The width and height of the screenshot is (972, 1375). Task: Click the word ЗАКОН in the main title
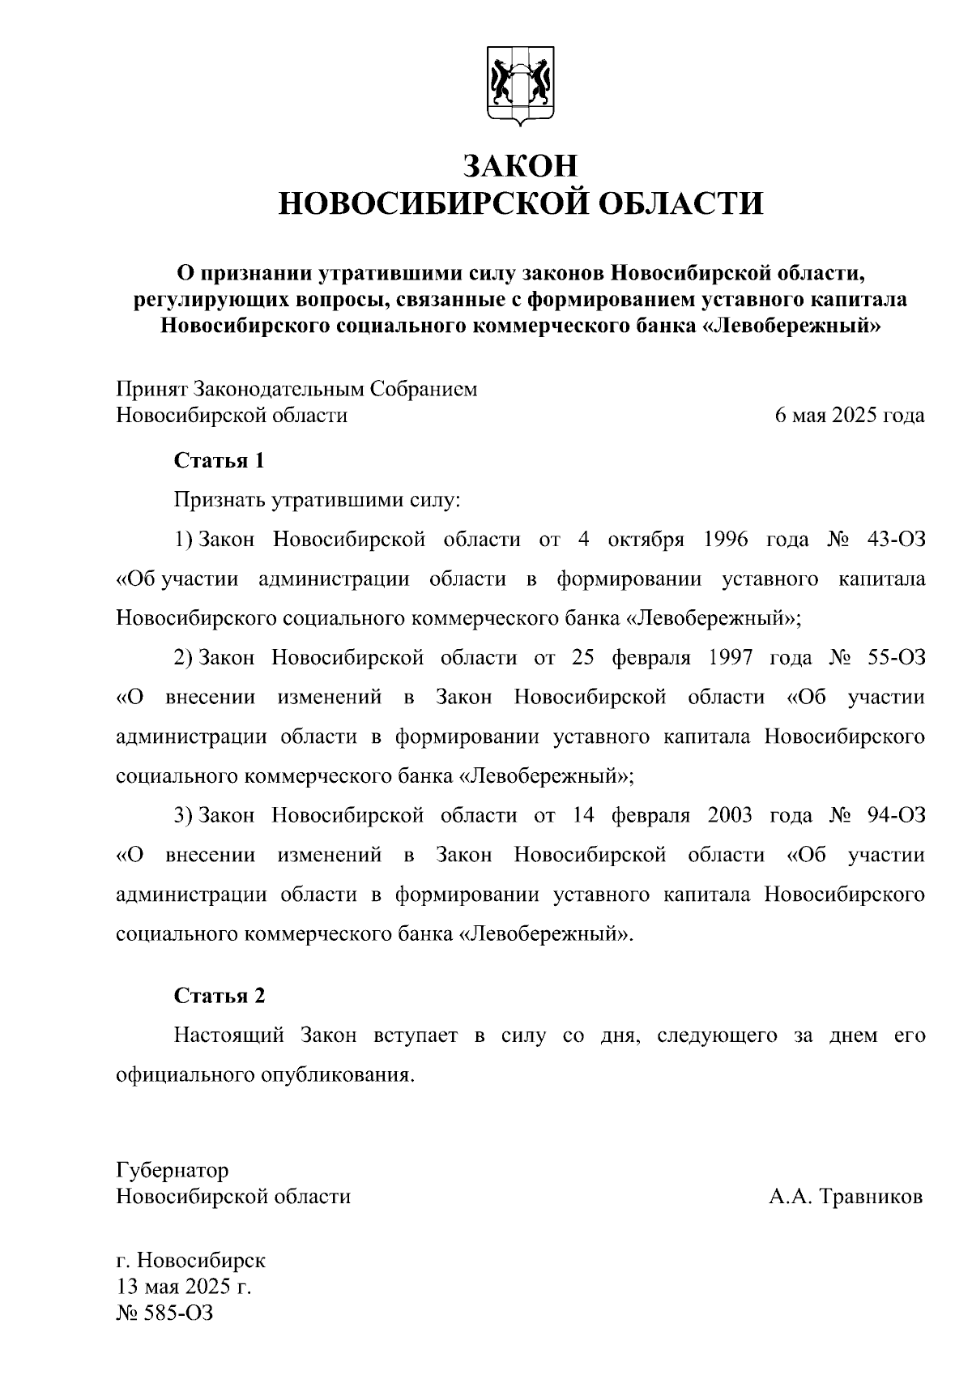pyautogui.click(x=521, y=165)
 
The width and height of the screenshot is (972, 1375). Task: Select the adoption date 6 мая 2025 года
pyautogui.click(x=850, y=416)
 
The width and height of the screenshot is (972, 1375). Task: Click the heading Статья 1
pyautogui.click(x=220, y=461)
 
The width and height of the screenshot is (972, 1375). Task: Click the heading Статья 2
pyautogui.click(x=220, y=996)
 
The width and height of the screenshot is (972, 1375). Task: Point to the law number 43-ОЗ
pyautogui.click(x=895, y=540)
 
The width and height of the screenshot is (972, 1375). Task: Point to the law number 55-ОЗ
pyautogui.click(x=895, y=657)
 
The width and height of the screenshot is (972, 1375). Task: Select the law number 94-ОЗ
pyautogui.click(x=895, y=814)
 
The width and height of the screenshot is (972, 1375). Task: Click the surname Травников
pyautogui.click(x=872, y=1197)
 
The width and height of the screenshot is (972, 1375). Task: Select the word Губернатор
pyautogui.click(x=173, y=1170)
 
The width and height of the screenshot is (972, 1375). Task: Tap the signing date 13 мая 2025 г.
pyautogui.click(x=184, y=1287)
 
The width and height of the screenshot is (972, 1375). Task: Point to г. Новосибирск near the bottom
pyautogui.click(x=191, y=1261)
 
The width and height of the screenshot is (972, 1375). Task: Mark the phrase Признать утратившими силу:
pyautogui.click(x=317, y=500)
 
